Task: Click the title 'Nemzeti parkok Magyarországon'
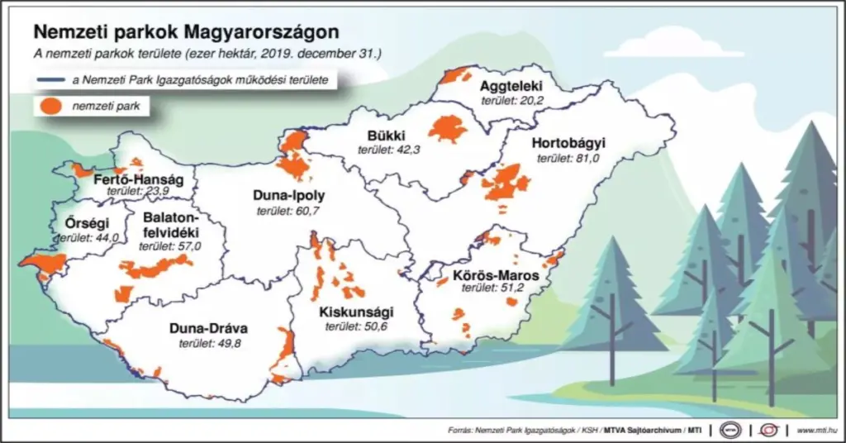[186, 33]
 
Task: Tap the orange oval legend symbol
[51, 106]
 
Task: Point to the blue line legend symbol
[51, 79]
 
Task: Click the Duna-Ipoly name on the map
[289, 197]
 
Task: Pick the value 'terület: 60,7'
[288, 212]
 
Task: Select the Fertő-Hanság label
[132, 179]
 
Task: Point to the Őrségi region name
[81, 222]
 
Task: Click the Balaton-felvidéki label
[171, 225]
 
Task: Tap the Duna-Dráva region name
[208, 328]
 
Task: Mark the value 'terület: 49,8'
[209, 343]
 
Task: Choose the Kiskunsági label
[356, 312]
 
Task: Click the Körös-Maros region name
[496, 274]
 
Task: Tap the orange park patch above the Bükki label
[447, 129]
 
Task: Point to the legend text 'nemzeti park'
[106, 106]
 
